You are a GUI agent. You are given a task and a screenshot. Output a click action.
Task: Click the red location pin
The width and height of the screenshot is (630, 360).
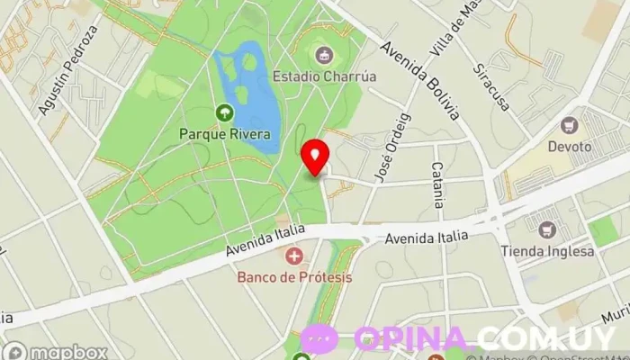(314, 156)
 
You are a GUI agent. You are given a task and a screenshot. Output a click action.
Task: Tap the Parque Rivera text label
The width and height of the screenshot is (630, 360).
(225, 134)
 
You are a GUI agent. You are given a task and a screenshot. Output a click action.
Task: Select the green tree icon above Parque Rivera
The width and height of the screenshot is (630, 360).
(224, 113)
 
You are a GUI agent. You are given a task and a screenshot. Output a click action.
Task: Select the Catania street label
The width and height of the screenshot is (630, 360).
(437, 184)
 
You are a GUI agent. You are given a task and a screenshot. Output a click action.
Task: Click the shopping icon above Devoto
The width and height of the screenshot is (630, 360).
(569, 125)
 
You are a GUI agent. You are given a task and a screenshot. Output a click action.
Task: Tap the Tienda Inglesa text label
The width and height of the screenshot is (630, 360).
(560, 251)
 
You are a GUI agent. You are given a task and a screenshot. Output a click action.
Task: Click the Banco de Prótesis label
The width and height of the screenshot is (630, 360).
(294, 276)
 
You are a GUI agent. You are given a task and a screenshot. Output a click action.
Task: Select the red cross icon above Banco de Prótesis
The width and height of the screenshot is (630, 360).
(293, 256)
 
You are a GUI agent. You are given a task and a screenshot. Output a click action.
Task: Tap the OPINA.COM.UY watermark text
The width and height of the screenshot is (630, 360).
(486, 338)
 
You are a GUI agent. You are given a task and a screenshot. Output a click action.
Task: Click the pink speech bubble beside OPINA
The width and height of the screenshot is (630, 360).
(320, 338)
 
